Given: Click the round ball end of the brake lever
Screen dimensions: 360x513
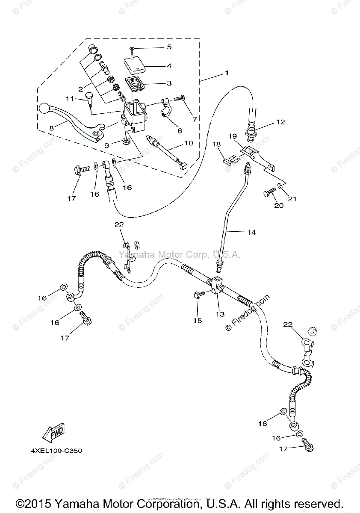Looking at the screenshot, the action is click(45, 108).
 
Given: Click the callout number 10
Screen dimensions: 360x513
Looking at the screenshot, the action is click(189, 143).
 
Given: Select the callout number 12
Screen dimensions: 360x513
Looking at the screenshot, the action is click(280, 122).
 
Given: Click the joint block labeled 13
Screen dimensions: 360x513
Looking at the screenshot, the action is click(215, 285).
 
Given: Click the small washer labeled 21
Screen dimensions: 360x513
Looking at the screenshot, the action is click(279, 186).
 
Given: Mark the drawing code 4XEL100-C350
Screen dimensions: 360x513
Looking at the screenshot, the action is click(56, 451).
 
